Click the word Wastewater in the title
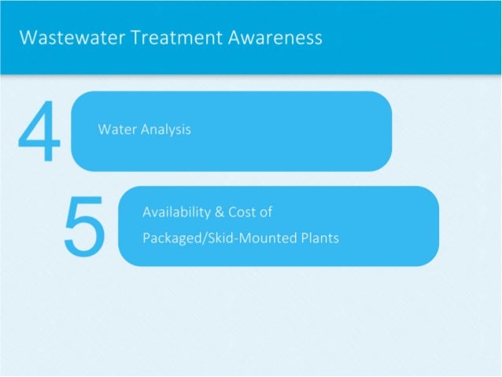[62, 38]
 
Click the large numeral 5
[84, 226]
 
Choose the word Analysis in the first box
[165, 129]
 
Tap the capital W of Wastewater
[28, 38]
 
